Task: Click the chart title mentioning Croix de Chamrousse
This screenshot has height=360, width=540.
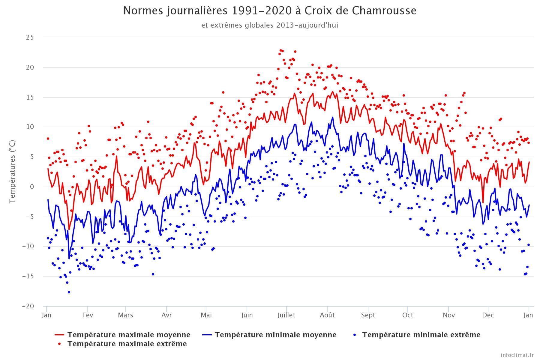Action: tap(270, 11)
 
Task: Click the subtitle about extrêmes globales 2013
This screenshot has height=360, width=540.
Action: tap(270, 25)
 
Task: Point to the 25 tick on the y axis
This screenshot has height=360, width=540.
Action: tap(30, 37)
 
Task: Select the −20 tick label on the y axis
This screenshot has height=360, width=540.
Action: tap(28, 306)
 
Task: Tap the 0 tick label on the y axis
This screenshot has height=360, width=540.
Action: tap(32, 187)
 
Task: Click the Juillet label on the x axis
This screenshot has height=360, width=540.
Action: tap(286, 315)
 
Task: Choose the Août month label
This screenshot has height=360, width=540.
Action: tap(327, 315)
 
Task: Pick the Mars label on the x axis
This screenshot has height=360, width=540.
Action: tap(125, 315)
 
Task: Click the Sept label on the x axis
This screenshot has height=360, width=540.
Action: tap(368, 315)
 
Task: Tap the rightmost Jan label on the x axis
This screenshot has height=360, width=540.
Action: tap(528, 315)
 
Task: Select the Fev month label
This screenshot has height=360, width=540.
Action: tap(87, 315)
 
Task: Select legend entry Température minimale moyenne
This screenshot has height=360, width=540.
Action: tap(275, 335)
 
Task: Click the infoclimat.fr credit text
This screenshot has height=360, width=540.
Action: tap(517, 355)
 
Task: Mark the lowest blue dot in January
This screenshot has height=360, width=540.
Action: tap(69, 292)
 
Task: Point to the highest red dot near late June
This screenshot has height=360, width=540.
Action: tap(281, 50)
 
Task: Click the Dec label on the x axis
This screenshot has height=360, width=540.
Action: tap(488, 315)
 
